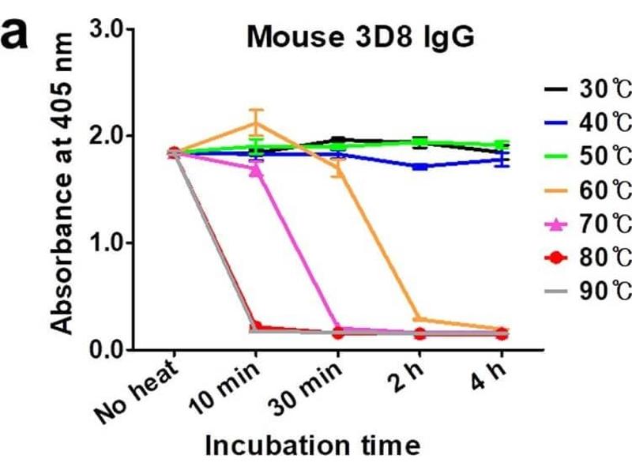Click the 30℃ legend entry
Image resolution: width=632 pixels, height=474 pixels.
pos(589,89)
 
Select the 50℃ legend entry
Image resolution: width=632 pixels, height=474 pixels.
pos(589,156)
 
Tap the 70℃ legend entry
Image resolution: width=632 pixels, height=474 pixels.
pos(589,224)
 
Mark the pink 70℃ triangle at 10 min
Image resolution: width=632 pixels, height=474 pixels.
pos(256,169)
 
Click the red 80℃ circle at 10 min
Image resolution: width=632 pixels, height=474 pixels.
pos(256,326)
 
